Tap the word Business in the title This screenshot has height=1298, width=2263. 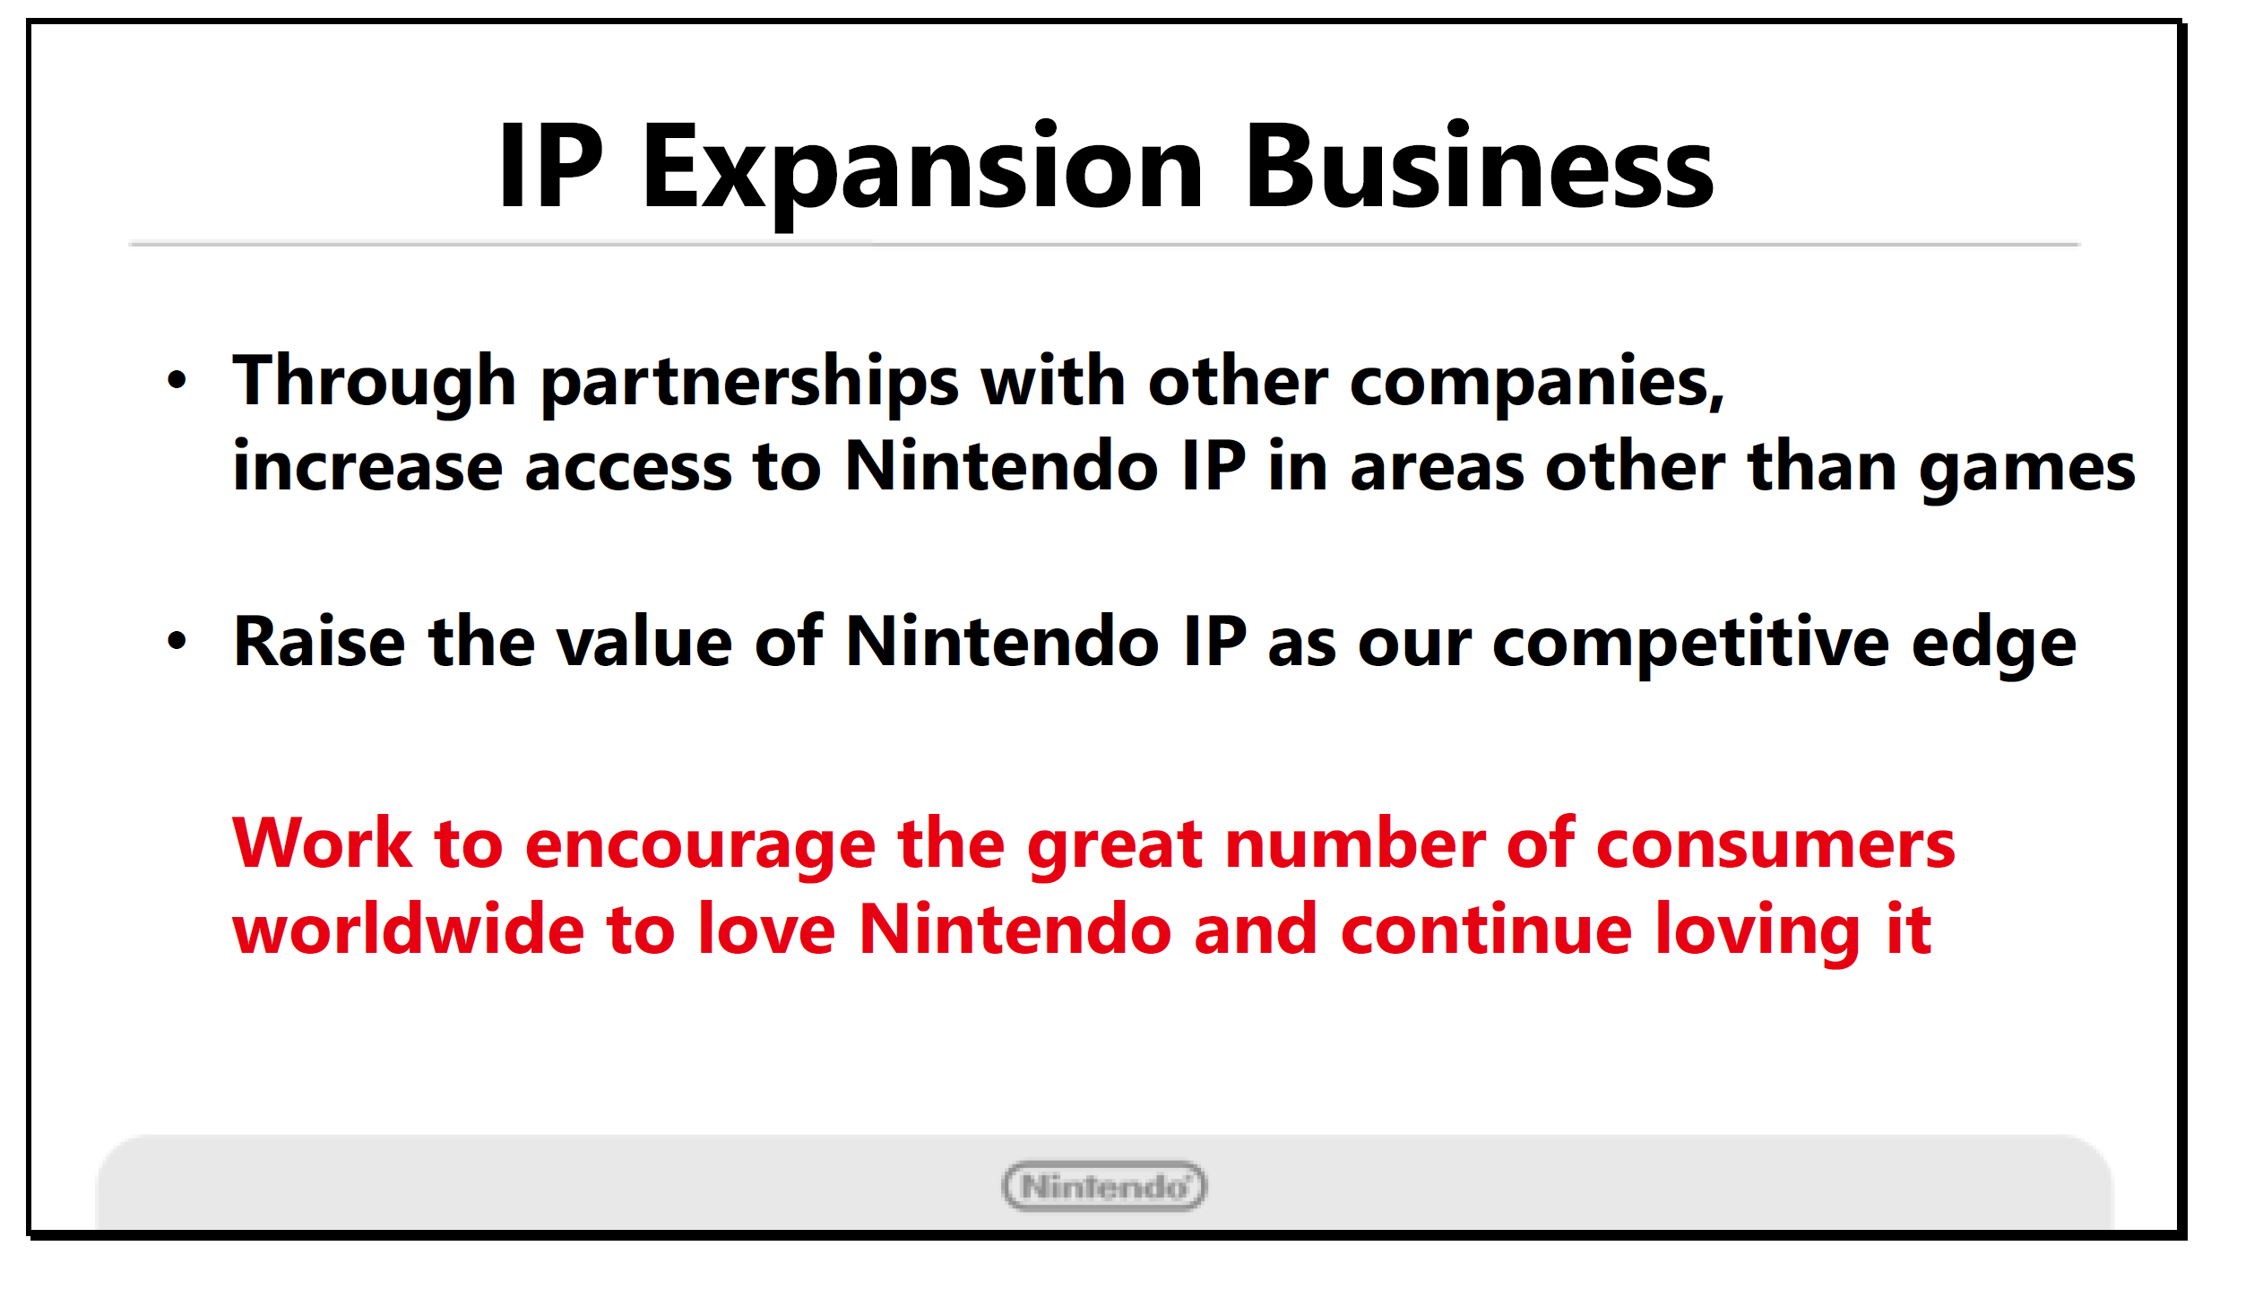(1479, 165)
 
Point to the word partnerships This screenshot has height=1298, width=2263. (750, 384)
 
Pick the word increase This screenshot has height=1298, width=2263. (367, 465)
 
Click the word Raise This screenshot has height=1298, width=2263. (320, 641)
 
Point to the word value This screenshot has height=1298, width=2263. (643, 641)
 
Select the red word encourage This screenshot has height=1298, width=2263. (700, 848)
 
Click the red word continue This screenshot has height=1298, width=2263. (1486, 929)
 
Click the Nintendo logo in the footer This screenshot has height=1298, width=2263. (1104, 1186)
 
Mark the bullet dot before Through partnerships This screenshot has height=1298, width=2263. (177, 380)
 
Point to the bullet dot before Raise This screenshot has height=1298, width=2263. (177, 641)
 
